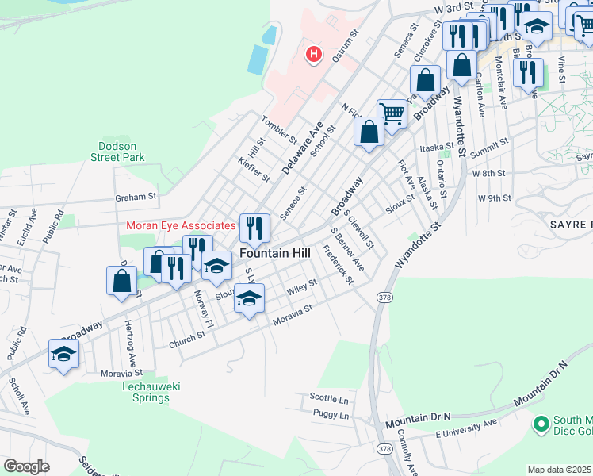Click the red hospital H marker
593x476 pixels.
coord(314,55)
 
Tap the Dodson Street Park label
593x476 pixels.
coord(121,152)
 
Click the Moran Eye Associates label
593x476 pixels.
coord(182,226)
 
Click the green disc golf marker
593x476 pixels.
coord(541,425)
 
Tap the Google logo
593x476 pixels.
coord(26,466)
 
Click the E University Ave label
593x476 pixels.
coord(466,429)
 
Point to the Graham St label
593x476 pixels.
coord(136,196)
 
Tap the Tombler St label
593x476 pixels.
coord(278,127)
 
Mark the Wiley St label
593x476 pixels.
coord(302,287)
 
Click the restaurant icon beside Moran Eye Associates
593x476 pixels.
coord(254,228)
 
